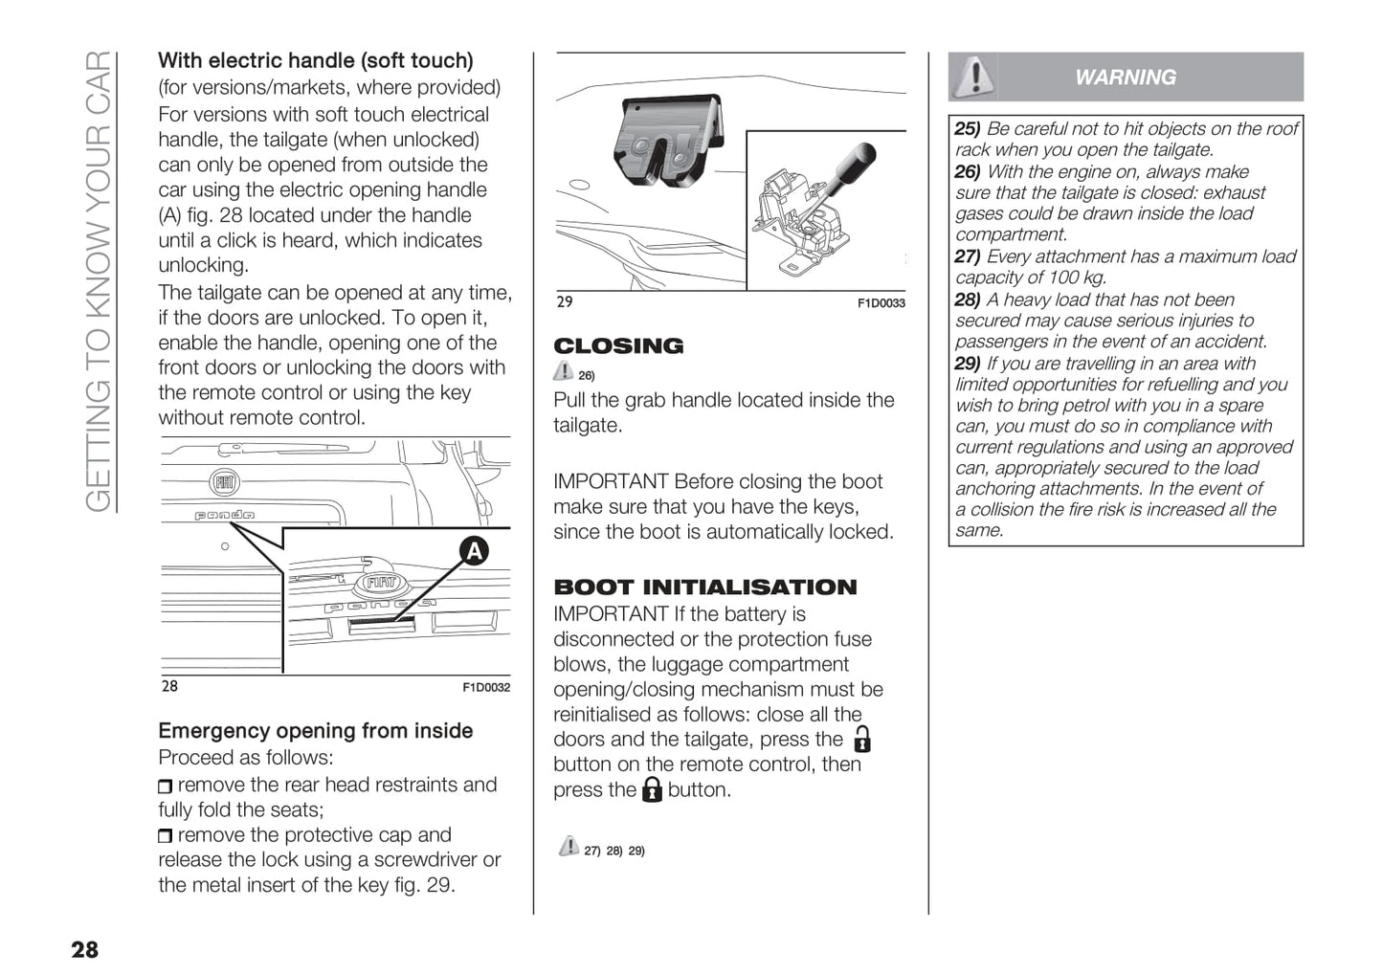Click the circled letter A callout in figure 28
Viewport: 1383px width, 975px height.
pyautogui.click(x=474, y=551)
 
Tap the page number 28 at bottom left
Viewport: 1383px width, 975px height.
pyautogui.click(x=84, y=949)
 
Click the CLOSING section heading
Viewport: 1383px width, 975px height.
pyautogui.click(x=618, y=346)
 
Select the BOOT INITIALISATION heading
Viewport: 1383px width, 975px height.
pyautogui.click(x=705, y=587)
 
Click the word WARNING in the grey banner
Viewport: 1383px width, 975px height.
pyautogui.click(x=1126, y=78)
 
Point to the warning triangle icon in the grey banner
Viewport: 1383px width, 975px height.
pyautogui.click(x=975, y=76)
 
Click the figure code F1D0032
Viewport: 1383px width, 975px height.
pyautogui.click(x=486, y=688)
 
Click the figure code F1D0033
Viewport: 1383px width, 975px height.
pyautogui.click(x=881, y=304)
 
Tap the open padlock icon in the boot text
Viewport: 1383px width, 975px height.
pyautogui.click(x=862, y=739)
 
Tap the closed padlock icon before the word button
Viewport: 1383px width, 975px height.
pyautogui.click(x=652, y=789)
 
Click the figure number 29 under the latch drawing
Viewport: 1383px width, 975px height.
pyautogui.click(x=565, y=302)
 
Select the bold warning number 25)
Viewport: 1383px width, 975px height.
pyautogui.click(x=968, y=129)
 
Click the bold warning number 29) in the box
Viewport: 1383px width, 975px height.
pyautogui.click(x=968, y=364)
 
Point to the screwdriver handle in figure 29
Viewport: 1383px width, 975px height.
pyautogui.click(x=854, y=162)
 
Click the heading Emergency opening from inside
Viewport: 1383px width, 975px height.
pyautogui.click(x=316, y=731)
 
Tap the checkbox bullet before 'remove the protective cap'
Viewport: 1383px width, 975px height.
pyautogui.click(x=166, y=836)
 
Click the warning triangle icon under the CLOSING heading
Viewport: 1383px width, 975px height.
pyautogui.click(x=564, y=372)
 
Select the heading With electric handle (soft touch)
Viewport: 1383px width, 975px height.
pyautogui.click(x=316, y=61)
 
